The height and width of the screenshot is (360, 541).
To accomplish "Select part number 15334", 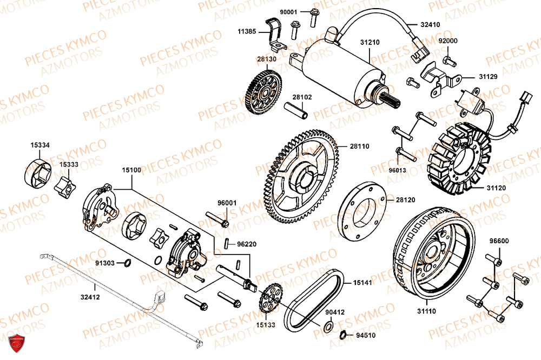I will tap(40, 145).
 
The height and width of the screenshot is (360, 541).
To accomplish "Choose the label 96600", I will tap(499, 241).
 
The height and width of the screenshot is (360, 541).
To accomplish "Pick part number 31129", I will tap(487, 77).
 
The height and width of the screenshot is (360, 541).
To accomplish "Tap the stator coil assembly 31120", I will tap(460, 163).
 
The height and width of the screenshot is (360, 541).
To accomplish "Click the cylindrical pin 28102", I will tap(297, 110).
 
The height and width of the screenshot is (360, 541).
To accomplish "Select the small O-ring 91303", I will tap(128, 263).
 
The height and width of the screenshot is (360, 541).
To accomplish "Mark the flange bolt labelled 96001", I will tap(217, 221).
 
